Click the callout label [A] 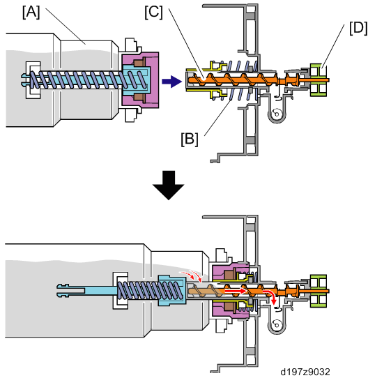click(x=31, y=12)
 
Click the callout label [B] click(x=190, y=139)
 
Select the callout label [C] click(x=153, y=12)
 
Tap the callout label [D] click(x=358, y=28)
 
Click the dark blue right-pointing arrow click(x=171, y=81)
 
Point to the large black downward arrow click(x=168, y=185)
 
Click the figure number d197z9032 click(x=305, y=372)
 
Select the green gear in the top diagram click(x=319, y=80)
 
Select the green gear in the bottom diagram click(x=319, y=291)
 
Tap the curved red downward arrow click(x=270, y=296)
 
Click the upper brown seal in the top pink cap click(x=139, y=63)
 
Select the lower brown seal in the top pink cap click(x=139, y=97)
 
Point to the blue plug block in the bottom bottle click(x=172, y=291)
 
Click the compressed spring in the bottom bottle click(x=149, y=291)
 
